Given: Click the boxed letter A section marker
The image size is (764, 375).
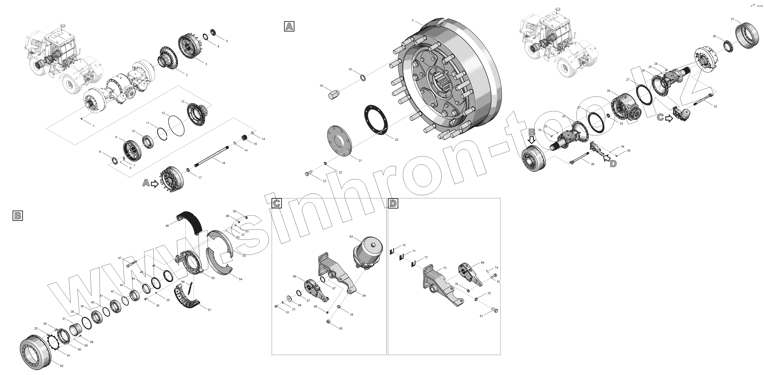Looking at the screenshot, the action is (289, 26).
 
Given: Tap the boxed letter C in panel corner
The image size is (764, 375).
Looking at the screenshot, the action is (276, 203).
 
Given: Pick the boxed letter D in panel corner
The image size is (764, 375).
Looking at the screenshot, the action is (393, 203).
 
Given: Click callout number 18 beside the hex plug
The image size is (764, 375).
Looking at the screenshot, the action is (321, 86).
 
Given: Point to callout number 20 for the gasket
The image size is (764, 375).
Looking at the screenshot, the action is (397, 140).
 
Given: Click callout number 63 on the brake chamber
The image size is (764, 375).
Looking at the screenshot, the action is (351, 237).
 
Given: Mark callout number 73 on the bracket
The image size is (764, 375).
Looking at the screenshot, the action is (445, 268).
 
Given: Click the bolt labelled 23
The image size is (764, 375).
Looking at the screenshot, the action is (308, 174).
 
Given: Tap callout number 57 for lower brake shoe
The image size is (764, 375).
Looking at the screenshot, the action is (209, 310).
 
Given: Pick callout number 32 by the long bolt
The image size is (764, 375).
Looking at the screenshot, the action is (715, 106).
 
